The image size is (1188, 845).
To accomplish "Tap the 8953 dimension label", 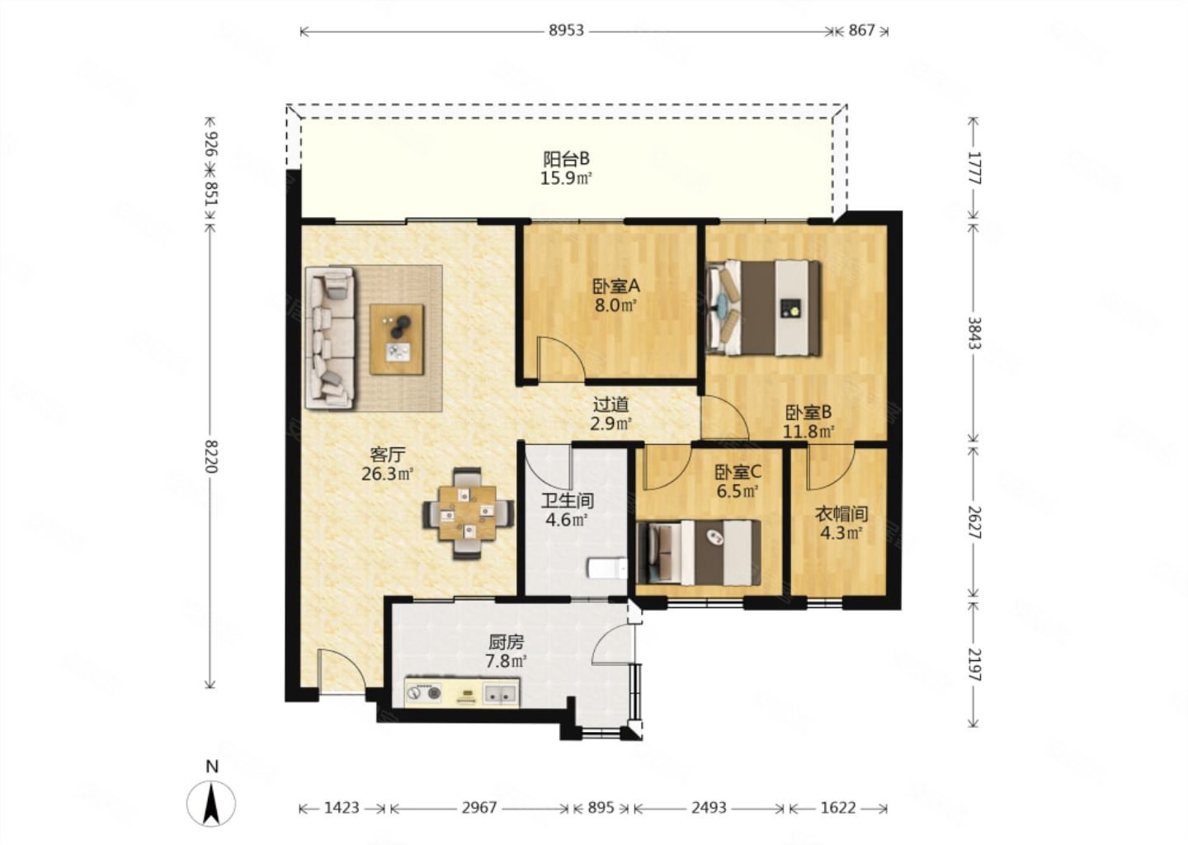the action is pyautogui.click(x=566, y=31).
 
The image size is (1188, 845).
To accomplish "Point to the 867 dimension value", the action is pyautogui.click(x=861, y=31).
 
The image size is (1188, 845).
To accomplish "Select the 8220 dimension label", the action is pyautogui.click(x=210, y=456).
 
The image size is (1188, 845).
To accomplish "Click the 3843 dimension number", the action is pyautogui.click(x=974, y=333).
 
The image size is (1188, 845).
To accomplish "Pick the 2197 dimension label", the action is pyautogui.click(x=974, y=664).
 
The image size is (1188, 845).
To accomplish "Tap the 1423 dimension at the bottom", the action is pyautogui.click(x=342, y=808).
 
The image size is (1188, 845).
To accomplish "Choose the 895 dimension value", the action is pyautogui.click(x=601, y=808).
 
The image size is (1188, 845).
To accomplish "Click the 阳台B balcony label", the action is pyautogui.click(x=566, y=158).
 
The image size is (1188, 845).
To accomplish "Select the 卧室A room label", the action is pyautogui.click(x=615, y=286).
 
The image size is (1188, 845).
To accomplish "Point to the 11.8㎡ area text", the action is pyautogui.click(x=808, y=432).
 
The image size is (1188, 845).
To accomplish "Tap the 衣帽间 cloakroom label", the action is pyautogui.click(x=841, y=513).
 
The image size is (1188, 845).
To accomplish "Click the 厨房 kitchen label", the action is pyautogui.click(x=506, y=643).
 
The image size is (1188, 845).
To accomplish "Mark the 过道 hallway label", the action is pyautogui.click(x=611, y=405).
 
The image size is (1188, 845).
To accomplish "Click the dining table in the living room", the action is pyautogui.click(x=468, y=513).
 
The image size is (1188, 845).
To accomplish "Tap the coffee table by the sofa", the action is pyautogui.click(x=397, y=339).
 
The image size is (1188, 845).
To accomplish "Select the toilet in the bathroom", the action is pyautogui.click(x=608, y=568).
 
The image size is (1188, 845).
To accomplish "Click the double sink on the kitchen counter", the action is pyautogui.click(x=500, y=693).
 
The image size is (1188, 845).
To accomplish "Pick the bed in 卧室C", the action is pyautogui.click(x=699, y=553).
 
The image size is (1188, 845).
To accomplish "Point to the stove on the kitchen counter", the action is pyautogui.click(x=424, y=693).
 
